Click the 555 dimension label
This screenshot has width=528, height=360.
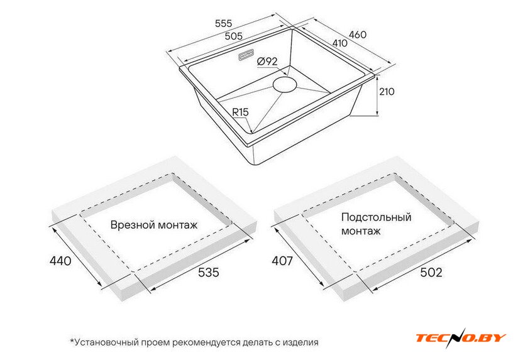point(224,23)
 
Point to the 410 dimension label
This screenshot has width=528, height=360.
point(340,44)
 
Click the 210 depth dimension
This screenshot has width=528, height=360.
point(387,92)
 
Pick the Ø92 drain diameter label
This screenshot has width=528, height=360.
point(268,62)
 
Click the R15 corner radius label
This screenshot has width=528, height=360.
point(241,112)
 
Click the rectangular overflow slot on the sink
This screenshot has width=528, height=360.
point(244,58)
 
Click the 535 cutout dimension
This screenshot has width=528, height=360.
point(208,272)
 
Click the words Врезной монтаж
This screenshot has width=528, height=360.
point(154,225)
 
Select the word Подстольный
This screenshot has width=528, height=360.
point(377,217)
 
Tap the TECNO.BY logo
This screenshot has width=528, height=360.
point(461,337)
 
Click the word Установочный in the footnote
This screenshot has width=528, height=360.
point(109,342)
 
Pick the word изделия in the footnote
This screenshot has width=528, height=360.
point(300,342)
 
